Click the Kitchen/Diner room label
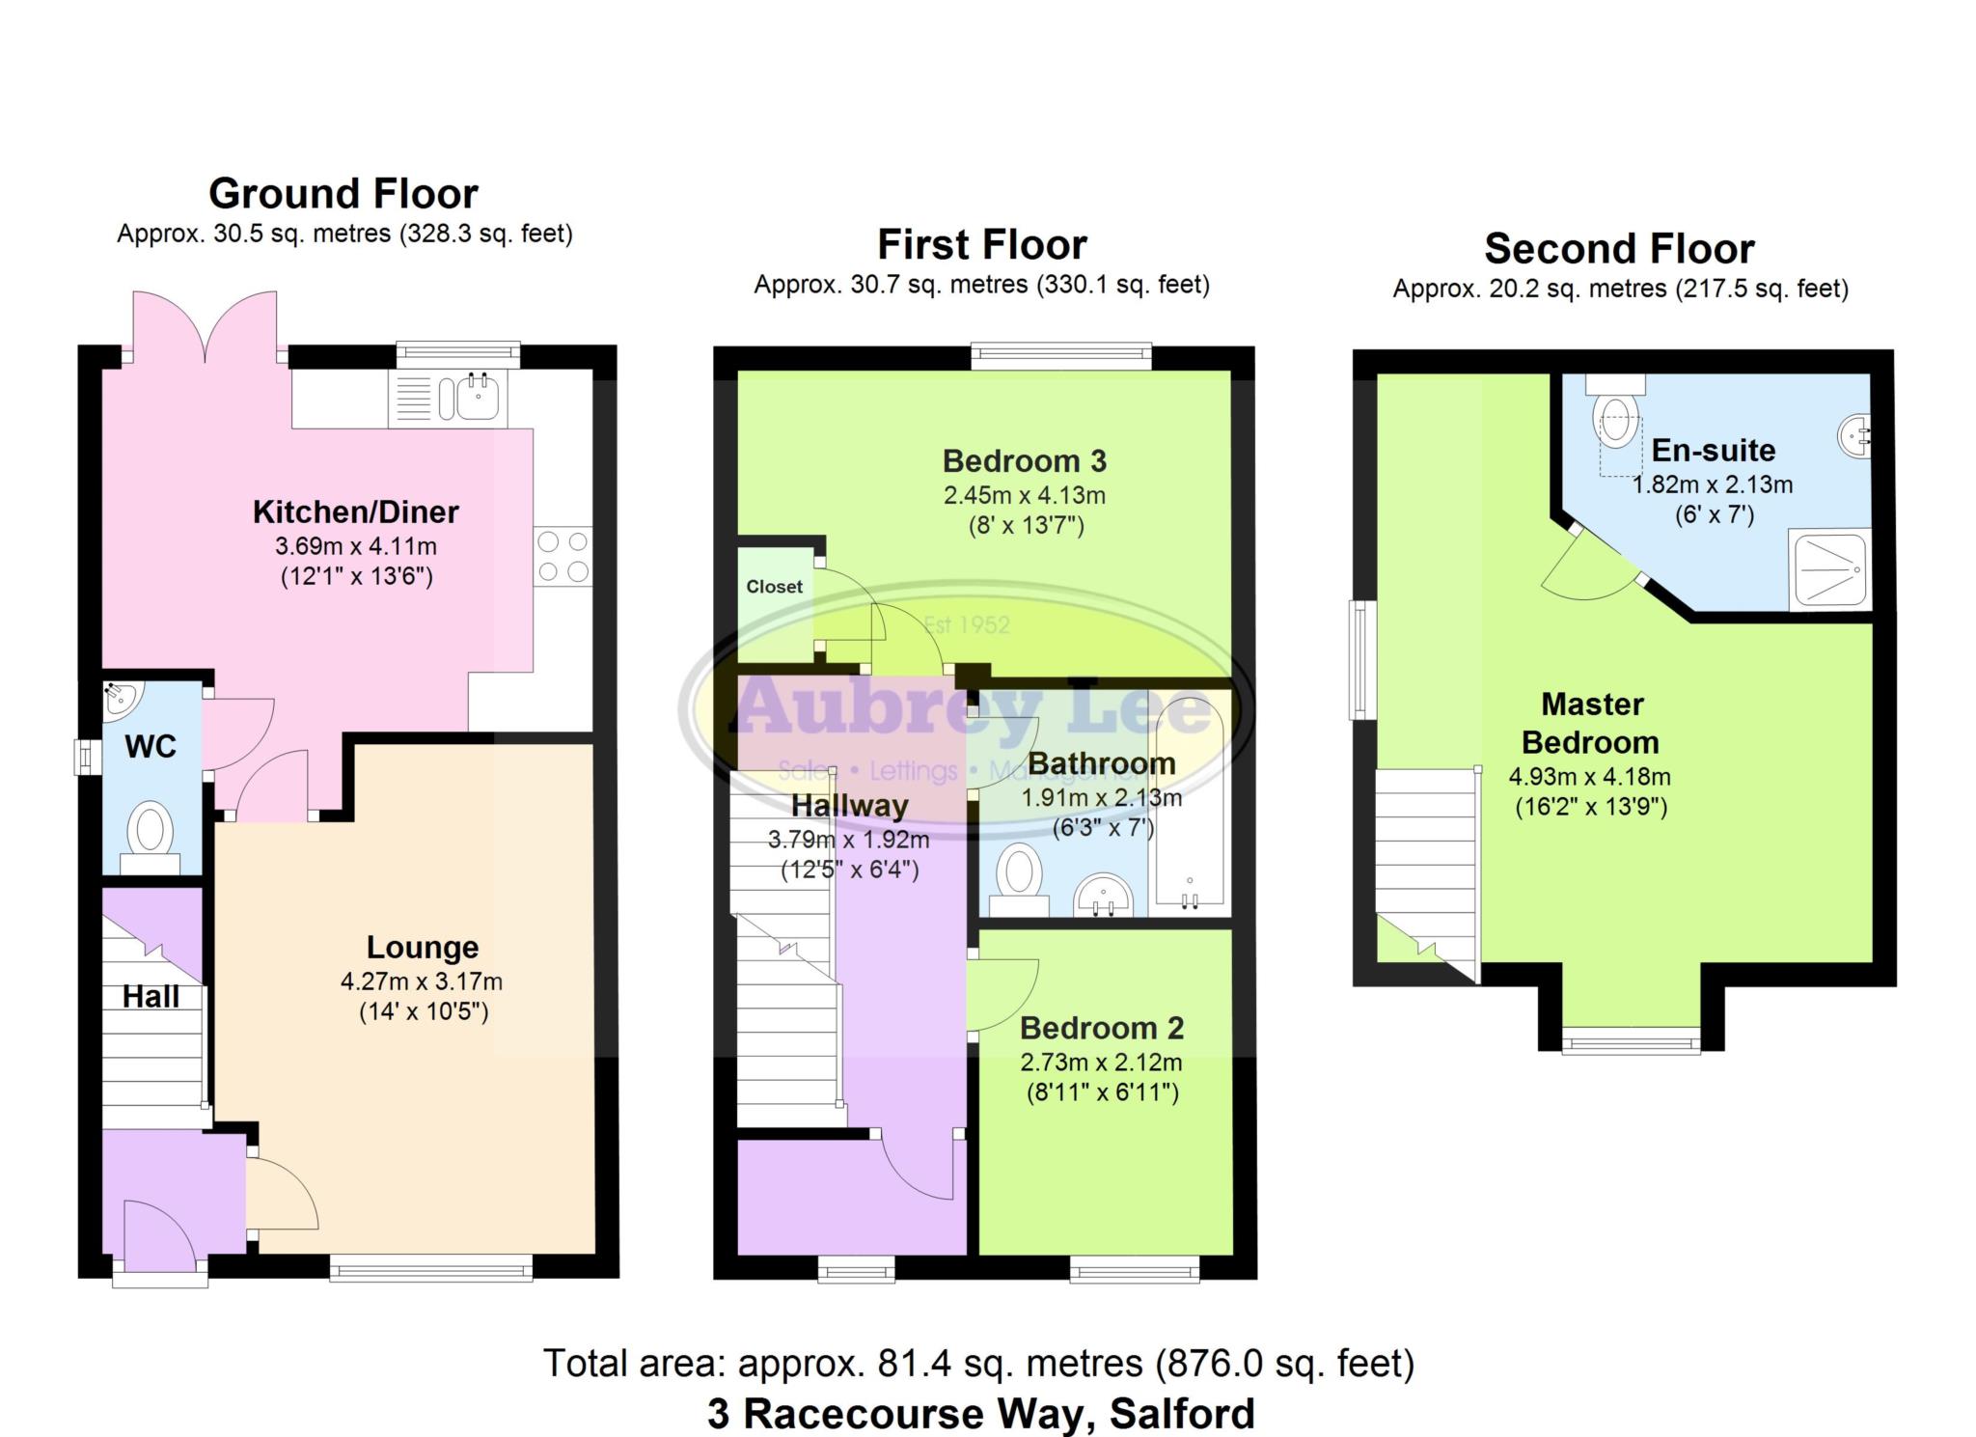pos(355,511)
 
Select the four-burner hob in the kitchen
pos(563,556)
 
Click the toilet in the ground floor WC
pos(151,833)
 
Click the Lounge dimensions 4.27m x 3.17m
pos(422,981)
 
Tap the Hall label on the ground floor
pos(151,997)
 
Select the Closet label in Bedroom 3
pos(774,587)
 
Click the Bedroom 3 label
pos(1024,461)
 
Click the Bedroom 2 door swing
pos(1003,994)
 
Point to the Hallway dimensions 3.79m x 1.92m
pos(848,840)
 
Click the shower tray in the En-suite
pos(1828,569)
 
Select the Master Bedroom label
pos(1591,723)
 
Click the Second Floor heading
pos(1618,249)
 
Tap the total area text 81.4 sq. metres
pos(978,1363)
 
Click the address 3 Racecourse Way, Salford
pos(980,1413)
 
